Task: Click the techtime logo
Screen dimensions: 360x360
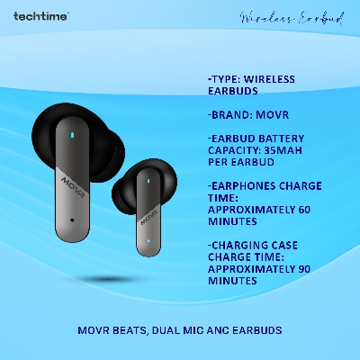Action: tap(39, 15)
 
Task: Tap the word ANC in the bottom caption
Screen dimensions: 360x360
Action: tap(227, 330)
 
